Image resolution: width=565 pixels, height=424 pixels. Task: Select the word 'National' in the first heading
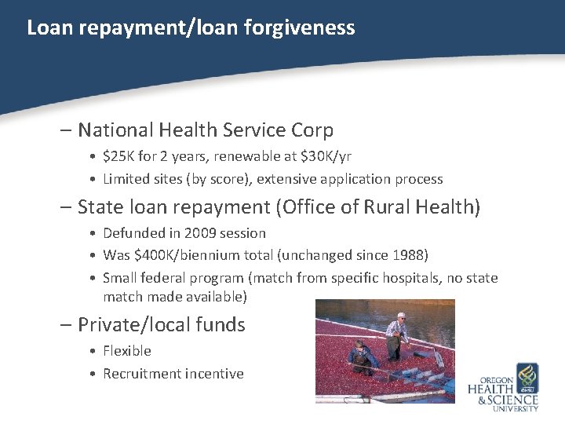[122, 130]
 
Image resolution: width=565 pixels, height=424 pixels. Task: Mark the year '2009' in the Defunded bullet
[195, 233]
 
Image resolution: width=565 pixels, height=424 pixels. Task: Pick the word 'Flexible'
[127, 351]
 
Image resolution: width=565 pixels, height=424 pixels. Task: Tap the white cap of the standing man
[402, 316]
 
